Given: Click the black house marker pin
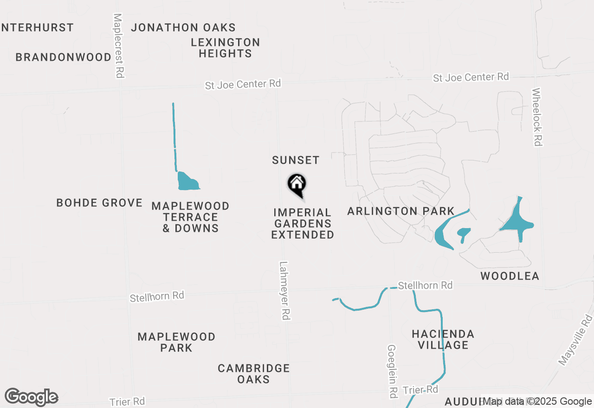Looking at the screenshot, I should (297, 185).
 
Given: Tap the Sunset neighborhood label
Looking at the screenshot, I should (296, 160).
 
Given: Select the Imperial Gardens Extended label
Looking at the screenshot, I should (303, 223).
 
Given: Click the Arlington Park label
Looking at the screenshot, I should (401, 211).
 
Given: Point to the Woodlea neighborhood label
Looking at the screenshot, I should (510, 276).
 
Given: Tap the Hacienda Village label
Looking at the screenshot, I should (443, 339).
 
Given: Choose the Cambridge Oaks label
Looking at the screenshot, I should (254, 374).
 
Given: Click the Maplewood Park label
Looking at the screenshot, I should (176, 342).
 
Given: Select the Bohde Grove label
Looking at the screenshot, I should (99, 203).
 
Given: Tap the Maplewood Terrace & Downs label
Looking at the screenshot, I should (190, 217).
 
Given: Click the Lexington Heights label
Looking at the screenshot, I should (226, 48).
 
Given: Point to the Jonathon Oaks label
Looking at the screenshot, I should (183, 28).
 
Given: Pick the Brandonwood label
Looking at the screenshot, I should (64, 57).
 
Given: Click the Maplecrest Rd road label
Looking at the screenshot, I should (119, 45).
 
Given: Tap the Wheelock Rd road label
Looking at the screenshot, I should (537, 117).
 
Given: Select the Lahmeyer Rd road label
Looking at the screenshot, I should (284, 290).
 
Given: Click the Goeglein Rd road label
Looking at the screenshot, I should (392, 371).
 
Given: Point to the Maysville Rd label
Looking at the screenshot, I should (576, 340).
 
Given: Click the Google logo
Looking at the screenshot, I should (32, 397).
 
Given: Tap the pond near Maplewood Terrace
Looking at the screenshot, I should (187, 182).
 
